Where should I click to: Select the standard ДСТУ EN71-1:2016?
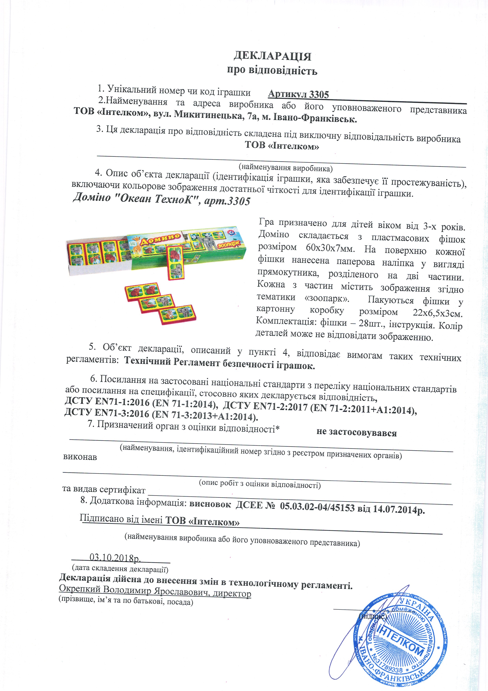tap(107, 402)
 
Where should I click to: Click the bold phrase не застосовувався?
tap(356, 433)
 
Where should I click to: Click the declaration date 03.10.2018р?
tap(115, 558)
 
